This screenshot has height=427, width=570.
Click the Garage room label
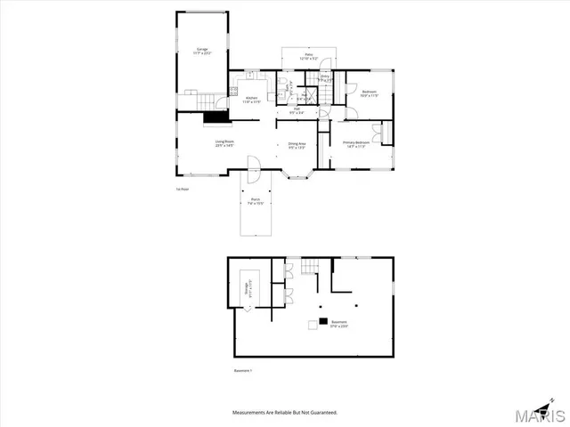[x=202, y=51]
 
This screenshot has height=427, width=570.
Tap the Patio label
[x=309, y=57]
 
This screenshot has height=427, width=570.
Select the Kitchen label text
[x=251, y=101]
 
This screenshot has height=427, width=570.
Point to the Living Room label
[x=223, y=143]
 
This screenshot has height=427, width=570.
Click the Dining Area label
[x=297, y=145]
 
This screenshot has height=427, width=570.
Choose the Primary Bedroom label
[x=355, y=145]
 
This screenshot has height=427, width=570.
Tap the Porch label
[x=255, y=201]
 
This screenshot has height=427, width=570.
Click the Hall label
[x=297, y=111]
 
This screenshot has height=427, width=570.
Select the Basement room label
[x=339, y=324]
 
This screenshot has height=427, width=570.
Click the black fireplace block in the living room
[x=216, y=117]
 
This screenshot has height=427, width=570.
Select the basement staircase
[x=309, y=266]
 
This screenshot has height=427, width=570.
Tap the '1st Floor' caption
[x=182, y=189]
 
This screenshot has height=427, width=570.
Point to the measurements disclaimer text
[x=284, y=413]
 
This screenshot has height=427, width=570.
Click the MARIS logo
[x=540, y=414]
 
